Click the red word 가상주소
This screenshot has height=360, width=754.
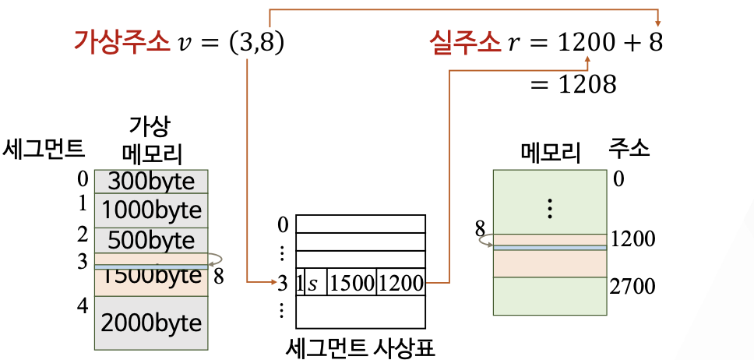point(122,41)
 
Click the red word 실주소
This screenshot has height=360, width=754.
point(464,41)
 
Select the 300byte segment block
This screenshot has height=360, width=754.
point(151,182)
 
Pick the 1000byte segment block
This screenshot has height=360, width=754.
point(151,210)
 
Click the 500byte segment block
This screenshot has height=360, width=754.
point(151,238)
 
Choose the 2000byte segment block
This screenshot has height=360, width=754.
point(151,322)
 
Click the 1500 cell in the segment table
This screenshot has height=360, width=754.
point(351,283)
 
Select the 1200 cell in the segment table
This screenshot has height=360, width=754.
point(400,283)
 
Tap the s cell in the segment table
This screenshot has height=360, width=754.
point(313,283)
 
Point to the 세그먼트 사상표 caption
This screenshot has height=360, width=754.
point(360,344)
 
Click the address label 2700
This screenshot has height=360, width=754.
point(633,286)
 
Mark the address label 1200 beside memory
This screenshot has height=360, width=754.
point(633,238)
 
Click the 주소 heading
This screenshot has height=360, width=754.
point(629,147)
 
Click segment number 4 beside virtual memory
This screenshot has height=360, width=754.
point(83,306)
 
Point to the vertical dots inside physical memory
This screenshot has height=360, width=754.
point(550,208)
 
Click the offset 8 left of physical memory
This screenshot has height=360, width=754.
point(480,229)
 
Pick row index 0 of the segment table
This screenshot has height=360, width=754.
point(283,224)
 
